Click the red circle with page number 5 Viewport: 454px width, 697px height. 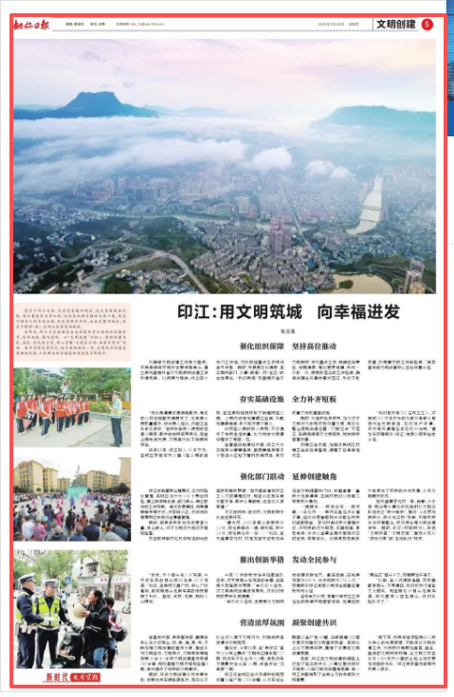(x=427, y=24)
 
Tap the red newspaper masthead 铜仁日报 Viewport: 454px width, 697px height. (x=34, y=23)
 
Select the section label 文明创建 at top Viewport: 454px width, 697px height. (x=394, y=24)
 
